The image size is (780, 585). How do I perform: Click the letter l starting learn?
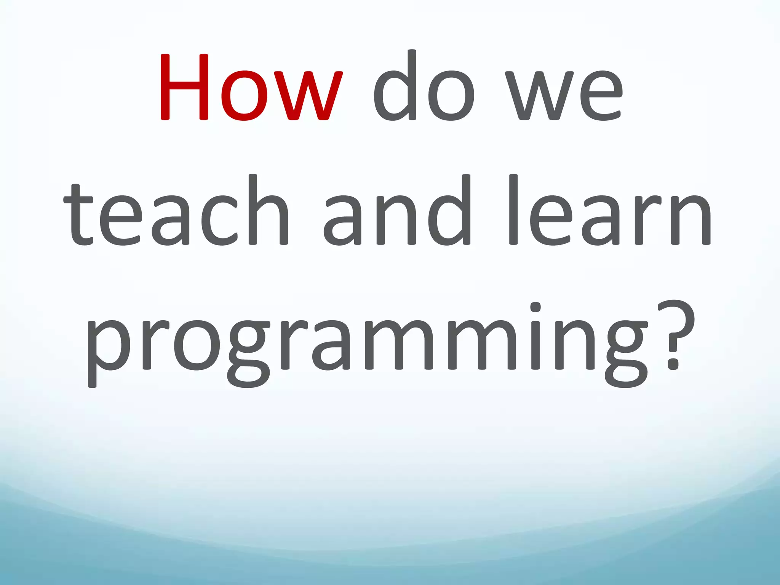[513, 209]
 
